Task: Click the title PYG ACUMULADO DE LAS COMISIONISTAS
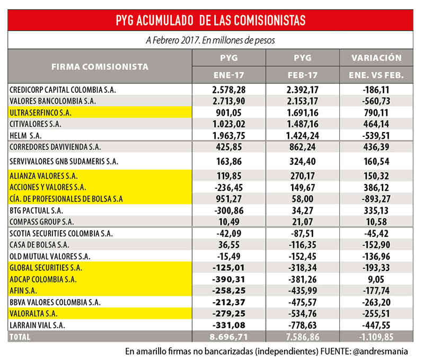210,21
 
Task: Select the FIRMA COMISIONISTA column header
100,67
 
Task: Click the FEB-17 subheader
303,75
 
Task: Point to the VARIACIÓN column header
376,58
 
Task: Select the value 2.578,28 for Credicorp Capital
230,90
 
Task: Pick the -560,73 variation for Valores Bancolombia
376,101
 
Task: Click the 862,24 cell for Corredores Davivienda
303,146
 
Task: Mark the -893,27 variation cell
376,198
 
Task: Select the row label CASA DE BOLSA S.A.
40,245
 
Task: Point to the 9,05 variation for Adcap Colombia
376,279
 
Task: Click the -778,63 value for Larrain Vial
303,324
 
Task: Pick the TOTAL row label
21,336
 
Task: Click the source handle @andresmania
383,350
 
